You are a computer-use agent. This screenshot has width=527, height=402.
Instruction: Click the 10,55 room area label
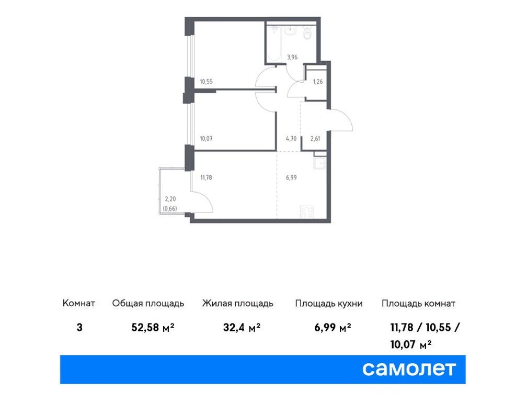coord(206,82)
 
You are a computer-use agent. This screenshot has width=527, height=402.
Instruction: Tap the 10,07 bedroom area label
coord(206,138)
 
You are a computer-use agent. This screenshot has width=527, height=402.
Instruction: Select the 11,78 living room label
coord(206,177)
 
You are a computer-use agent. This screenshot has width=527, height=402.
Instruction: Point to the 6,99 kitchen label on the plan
coord(291,177)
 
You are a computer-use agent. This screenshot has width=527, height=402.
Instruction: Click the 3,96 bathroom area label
coord(292,57)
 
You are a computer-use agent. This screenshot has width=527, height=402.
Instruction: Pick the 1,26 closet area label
coord(318,82)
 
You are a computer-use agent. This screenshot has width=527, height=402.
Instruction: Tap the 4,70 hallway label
coord(291,138)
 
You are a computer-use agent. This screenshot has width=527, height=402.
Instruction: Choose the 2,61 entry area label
coord(315,138)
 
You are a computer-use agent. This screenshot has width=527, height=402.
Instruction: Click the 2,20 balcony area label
coord(170,199)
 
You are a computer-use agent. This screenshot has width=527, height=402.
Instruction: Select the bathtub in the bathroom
coord(274,44)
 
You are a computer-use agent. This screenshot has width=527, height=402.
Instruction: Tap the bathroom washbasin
coord(290,31)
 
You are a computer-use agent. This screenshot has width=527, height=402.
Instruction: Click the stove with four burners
coord(307,212)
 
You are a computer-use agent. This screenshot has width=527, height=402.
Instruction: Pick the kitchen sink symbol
coord(319,163)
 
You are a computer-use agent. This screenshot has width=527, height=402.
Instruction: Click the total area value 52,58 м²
coord(153,327)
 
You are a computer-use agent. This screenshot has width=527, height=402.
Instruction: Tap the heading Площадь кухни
coord(329,304)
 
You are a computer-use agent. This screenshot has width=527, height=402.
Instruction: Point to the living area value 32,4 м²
coord(242,327)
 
